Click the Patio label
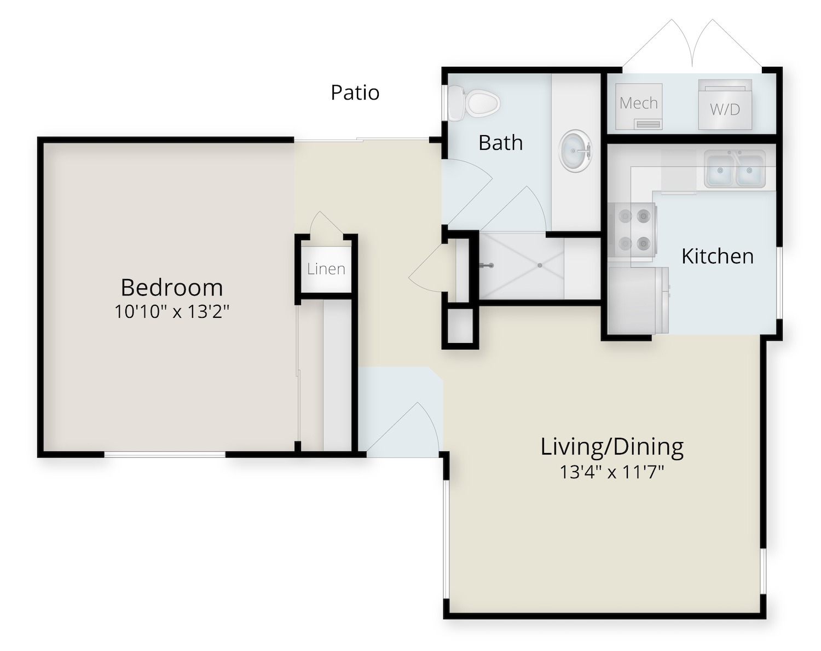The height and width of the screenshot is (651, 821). (355, 92)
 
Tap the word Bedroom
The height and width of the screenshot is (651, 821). (172, 288)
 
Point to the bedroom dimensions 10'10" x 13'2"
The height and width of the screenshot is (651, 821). (172, 312)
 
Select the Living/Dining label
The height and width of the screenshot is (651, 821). (612, 447)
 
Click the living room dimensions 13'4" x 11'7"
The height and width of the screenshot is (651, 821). (612, 472)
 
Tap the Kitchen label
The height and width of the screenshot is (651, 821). (718, 256)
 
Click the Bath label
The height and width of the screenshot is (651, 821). (500, 143)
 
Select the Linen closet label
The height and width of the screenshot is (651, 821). (326, 269)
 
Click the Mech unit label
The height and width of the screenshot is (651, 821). (639, 103)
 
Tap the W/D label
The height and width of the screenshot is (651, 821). (725, 110)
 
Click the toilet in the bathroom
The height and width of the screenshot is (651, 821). (473, 103)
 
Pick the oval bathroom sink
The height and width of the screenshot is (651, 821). (575, 151)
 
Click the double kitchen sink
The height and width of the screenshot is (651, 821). (735, 170)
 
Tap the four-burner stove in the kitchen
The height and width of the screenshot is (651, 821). (633, 230)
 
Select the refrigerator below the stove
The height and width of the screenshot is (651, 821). (638, 300)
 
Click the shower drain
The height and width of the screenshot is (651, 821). (540, 265)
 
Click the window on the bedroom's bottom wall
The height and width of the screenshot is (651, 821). (165, 454)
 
